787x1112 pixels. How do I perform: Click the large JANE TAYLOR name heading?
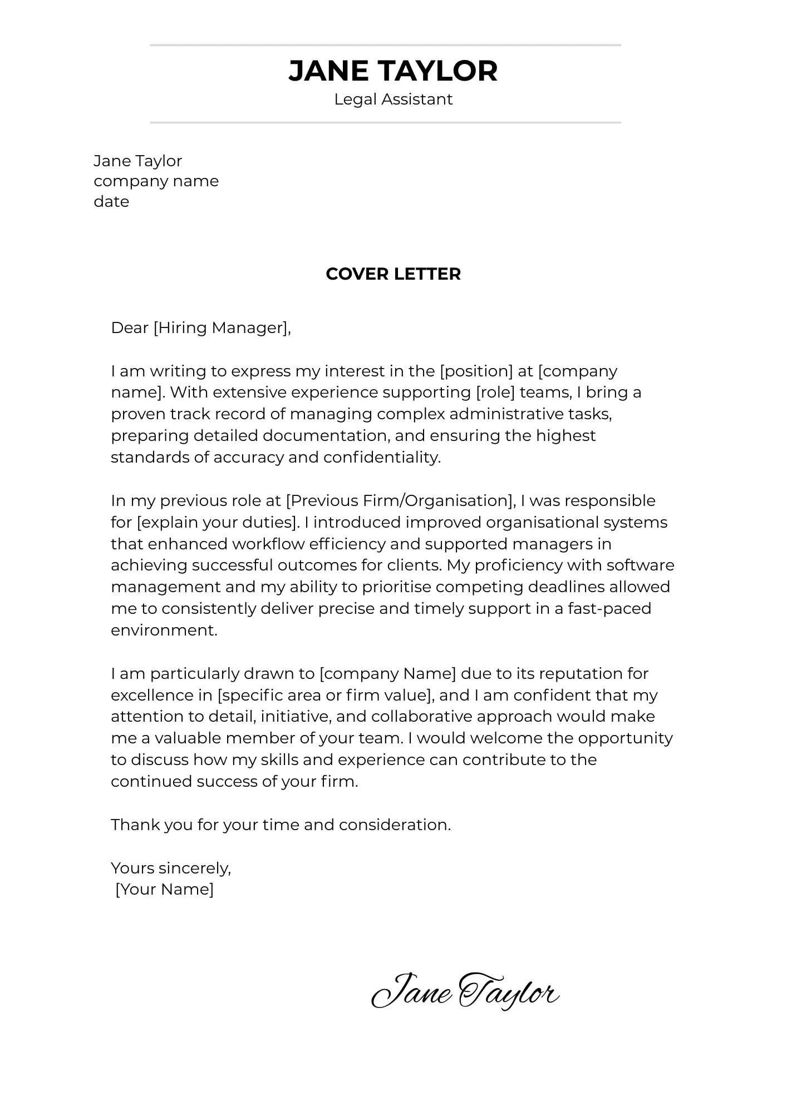tap(393, 71)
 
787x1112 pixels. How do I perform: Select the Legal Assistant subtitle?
tap(393, 100)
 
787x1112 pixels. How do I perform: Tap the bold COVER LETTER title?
tap(393, 274)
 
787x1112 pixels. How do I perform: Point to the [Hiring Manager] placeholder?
tap(221, 328)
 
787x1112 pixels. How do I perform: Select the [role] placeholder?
tap(495, 393)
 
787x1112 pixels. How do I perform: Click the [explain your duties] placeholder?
tap(217, 523)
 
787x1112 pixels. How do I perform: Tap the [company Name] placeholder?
tap(388, 674)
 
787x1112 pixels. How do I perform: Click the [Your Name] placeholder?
tap(165, 890)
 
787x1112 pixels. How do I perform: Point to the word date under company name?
tap(111, 202)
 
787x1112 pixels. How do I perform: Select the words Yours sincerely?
tap(170, 868)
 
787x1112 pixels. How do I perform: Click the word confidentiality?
tap(382, 458)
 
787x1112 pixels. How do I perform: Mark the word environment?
tap(164, 631)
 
